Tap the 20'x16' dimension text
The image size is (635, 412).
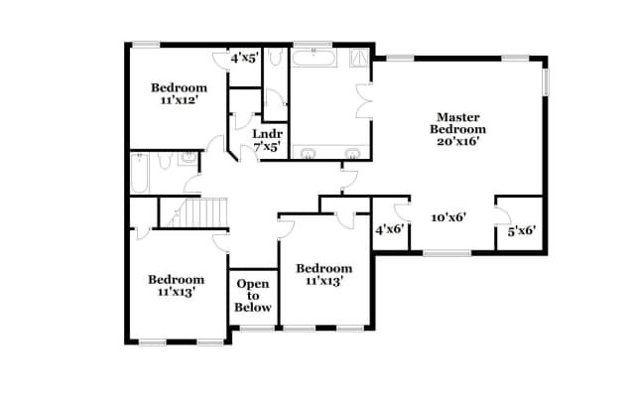457,141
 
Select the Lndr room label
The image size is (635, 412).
266,134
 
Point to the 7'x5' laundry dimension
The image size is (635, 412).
266,147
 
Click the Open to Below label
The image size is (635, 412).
252,296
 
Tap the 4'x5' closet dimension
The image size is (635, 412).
244,60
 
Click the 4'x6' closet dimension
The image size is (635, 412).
388,230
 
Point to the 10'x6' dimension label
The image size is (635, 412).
448,216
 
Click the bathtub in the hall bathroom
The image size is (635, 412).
140,175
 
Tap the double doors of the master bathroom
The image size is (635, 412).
363,102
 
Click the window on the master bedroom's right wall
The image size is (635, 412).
545,82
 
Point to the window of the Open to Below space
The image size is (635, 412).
253,328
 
